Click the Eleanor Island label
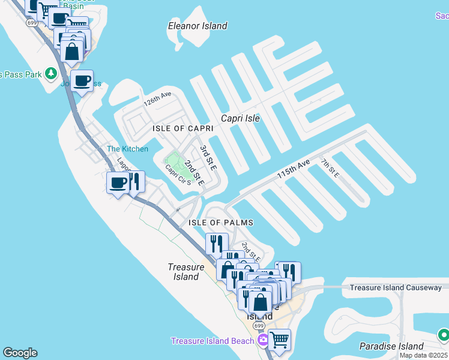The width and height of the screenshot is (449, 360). (197, 26)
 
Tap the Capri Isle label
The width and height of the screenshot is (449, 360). (240, 118)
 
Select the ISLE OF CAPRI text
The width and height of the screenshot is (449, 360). (183, 129)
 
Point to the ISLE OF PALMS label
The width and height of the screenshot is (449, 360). (221, 223)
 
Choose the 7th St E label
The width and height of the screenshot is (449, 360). (330, 168)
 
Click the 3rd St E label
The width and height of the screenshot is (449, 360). (208, 155)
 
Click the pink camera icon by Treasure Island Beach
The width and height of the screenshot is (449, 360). (262, 340)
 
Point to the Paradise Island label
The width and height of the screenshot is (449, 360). (391, 346)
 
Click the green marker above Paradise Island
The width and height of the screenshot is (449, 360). (444, 334)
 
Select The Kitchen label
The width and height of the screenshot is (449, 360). (127, 149)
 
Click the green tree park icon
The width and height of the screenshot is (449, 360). (51, 74)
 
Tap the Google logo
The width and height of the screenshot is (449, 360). (20, 353)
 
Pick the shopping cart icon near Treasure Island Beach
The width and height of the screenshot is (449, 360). (279, 339)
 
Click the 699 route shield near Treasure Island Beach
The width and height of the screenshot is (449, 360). (259, 325)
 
